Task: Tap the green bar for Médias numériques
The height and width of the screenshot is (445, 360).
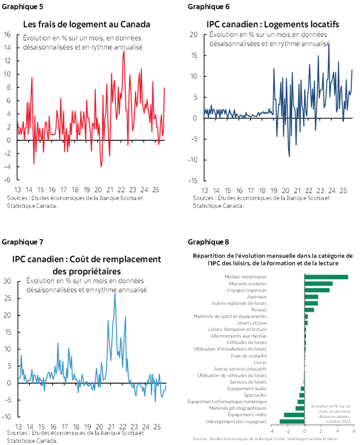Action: pyautogui.click(x=326, y=277)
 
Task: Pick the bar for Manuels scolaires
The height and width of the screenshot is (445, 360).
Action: pyautogui.click(x=318, y=284)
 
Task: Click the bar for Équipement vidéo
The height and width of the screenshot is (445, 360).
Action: pyautogui.click(x=294, y=415)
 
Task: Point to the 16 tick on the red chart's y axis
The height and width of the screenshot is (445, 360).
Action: pyautogui.click(x=7, y=34)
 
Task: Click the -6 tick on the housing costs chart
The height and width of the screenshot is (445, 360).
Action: pyautogui.click(x=7, y=180)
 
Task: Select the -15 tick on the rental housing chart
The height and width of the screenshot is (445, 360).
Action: pyautogui.click(x=193, y=181)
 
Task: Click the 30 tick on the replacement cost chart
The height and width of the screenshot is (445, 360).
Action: pyautogui.click(x=7, y=281)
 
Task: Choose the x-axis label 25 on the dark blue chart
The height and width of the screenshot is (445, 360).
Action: pyautogui.click(x=343, y=191)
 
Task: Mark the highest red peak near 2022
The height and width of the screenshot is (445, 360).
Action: pyautogui.click(x=124, y=51)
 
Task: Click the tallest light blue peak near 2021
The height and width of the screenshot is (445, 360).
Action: pyautogui.click(x=115, y=294)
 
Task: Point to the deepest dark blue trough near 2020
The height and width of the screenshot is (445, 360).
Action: pyautogui.click(x=290, y=156)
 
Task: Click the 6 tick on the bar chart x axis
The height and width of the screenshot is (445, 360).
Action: pyautogui.click(x=353, y=431)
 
